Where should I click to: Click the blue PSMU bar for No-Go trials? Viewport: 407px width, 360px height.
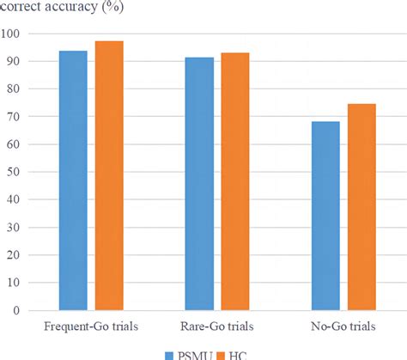pos(325,215)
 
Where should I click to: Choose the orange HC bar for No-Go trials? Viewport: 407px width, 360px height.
pos(361,206)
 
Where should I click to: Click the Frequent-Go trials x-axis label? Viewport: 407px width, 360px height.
pos(90,326)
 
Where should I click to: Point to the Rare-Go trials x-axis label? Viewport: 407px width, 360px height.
pos(217,326)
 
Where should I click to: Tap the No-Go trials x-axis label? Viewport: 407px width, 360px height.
pos(343,326)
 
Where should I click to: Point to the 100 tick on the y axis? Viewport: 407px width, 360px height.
pos(15,34)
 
